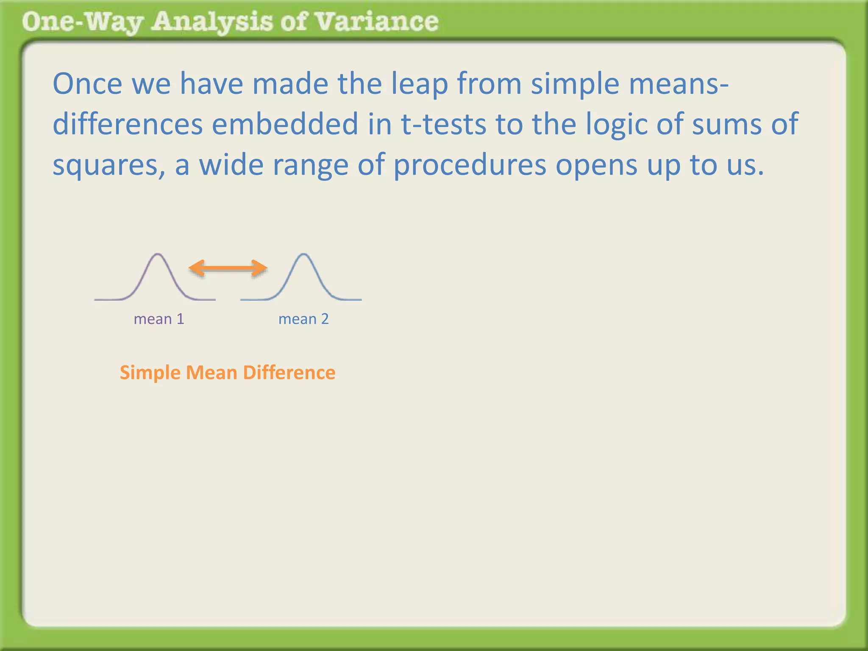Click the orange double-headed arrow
pos(228,268)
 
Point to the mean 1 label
pos(159,319)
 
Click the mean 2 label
pos(303,319)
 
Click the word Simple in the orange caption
pos(150,373)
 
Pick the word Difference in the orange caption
pos(289,373)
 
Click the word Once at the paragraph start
pos(87,84)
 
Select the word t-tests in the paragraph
pos(443,125)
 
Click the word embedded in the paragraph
pos(285,124)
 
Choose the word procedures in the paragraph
pos(470,165)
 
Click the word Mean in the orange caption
pos(211,373)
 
